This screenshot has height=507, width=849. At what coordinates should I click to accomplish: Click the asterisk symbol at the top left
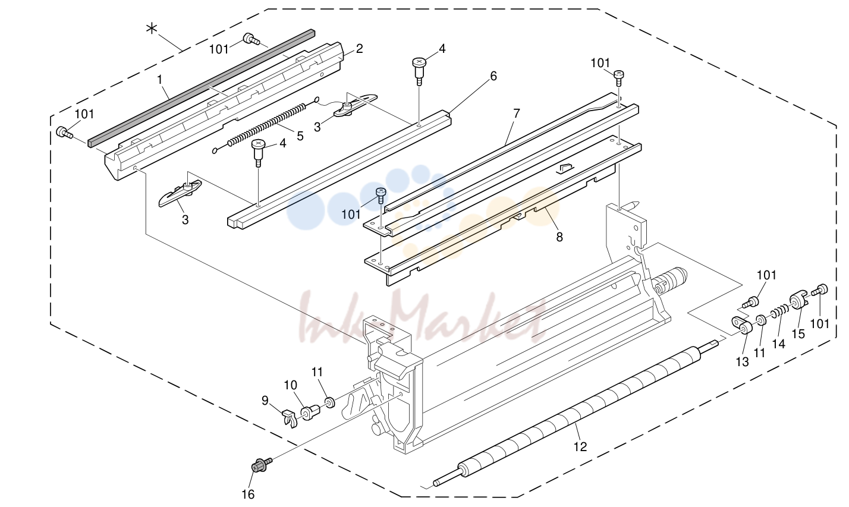point(152,29)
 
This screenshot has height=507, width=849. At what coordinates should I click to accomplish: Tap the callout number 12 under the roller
point(580,447)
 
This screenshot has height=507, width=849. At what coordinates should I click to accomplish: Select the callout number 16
point(249,494)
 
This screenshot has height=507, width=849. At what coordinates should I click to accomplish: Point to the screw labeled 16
point(261,465)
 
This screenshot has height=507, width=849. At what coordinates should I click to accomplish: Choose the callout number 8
point(559,237)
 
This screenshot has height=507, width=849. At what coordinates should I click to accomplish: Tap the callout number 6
point(493,76)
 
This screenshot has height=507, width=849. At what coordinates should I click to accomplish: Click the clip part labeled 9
point(290,418)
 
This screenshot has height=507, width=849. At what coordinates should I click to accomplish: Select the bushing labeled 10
point(310,412)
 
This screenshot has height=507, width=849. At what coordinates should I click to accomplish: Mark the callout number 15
point(798,334)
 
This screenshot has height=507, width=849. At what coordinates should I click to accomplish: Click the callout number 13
point(742,362)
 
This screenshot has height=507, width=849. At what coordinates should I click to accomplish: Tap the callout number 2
point(359,49)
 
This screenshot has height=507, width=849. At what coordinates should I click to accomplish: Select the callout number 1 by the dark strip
point(159,80)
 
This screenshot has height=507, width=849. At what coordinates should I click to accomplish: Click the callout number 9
point(265,401)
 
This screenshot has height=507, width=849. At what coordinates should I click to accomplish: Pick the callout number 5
point(300,136)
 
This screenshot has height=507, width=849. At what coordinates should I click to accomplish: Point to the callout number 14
point(778,344)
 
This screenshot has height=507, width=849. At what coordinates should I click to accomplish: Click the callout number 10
point(290,385)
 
